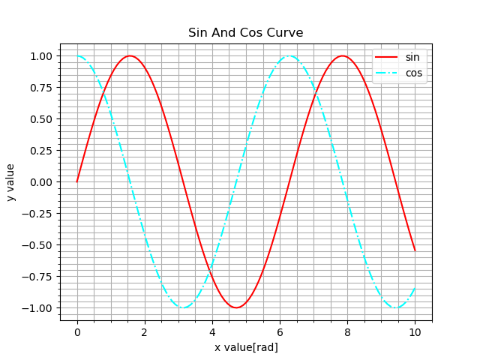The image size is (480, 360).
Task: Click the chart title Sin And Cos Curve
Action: pyautogui.click(x=246, y=33)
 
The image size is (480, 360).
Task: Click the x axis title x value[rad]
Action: pyautogui.click(x=246, y=347)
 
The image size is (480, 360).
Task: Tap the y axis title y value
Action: pyautogui.click(x=10, y=182)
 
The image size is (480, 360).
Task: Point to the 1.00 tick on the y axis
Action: pyautogui.click(x=42, y=56)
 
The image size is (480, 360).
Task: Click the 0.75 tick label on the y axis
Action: pyautogui.click(x=42, y=88)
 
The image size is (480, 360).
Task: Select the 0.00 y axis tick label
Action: pyautogui.click(x=42, y=182)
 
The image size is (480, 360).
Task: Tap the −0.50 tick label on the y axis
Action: pyautogui.click(x=39, y=245)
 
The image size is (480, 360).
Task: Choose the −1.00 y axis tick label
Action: pyautogui.click(x=39, y=308)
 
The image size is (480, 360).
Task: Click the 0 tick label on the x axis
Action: pyautogui.click(x=76, y=331)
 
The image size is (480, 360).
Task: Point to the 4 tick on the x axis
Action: pyautogui.click(x=212, y=331)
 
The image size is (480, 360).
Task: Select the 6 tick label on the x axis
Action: pyautogui.click(x=280, y=331)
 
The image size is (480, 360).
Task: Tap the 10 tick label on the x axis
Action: pyautogui.click(x=415, y=331)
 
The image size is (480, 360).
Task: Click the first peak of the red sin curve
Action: pyautogui.click(x=130, y=55)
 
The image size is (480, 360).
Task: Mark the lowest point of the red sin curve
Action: pyautogui.click(x=236, y=307)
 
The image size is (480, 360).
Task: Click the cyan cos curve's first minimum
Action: pyautogui.click(x=183, y=307)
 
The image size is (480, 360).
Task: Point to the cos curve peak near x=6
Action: pyautogui.click(x=289, y=55)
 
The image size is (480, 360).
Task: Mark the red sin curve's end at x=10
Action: pyautogui.click(x=415, y=250)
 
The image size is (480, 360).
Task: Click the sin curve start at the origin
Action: pyautogui.click(x=76, y=181)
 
